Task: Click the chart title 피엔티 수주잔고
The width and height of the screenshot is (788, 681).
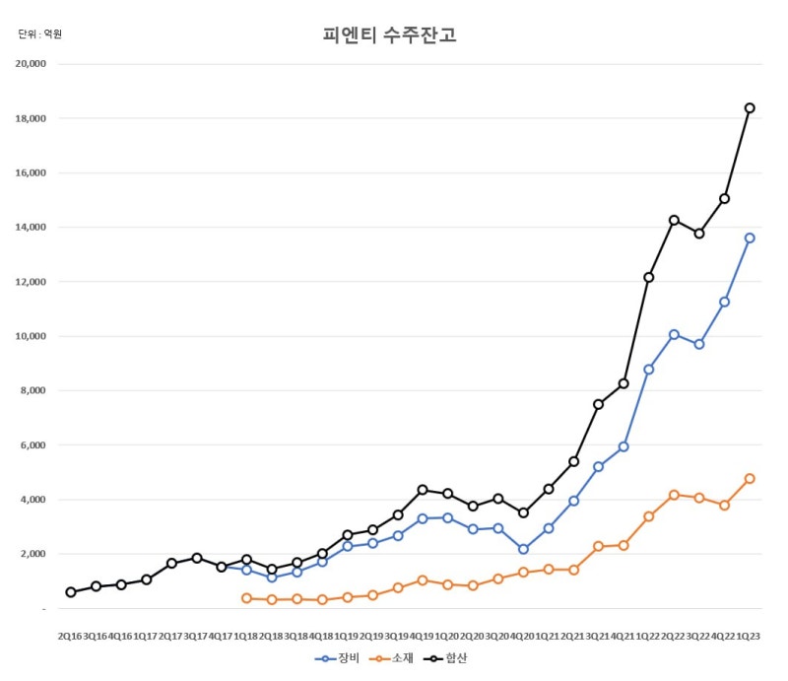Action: coord(389,34)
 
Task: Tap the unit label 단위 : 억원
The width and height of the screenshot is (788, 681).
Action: coord(39,34)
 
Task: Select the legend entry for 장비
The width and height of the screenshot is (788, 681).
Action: coord(337,658)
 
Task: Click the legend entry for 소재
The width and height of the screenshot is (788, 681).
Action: coord(391,658)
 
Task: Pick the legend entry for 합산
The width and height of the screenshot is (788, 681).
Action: coord(445,658)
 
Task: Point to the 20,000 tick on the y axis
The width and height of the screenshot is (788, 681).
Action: coord(31,64)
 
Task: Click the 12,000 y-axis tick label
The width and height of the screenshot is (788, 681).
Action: coord(31,282)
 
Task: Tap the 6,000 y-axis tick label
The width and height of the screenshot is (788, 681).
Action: coord(33,445)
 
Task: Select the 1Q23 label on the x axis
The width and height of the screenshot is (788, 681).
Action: coord(748,637)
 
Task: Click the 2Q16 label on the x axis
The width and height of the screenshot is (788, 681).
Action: coord(70,637)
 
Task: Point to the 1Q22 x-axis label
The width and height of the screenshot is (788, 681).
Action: coord(648,637)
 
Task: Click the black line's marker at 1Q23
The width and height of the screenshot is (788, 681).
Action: coord(750,108)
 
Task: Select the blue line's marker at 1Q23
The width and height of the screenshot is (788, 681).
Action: coord(750,238)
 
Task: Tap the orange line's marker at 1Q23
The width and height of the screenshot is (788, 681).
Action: coord(750,478)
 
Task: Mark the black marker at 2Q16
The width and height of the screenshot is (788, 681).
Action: coord(71,592)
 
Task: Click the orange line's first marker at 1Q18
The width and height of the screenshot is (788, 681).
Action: coord(246,598)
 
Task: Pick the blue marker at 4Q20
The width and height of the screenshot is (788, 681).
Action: coord(523,549)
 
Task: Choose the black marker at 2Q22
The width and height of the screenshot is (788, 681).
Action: coord(674,221)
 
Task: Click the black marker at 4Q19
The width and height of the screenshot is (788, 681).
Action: coord(423,490)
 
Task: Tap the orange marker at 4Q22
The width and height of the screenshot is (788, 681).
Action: coord(724,505)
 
